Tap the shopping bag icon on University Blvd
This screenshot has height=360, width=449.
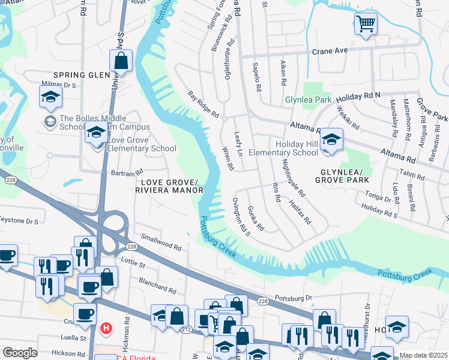click(x=121, y=61)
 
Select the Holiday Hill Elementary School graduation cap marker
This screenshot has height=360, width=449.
click(x=330, y=140)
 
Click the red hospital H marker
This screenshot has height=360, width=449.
click(x=106, y=328)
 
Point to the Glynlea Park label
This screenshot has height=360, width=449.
click(x=308, y=99)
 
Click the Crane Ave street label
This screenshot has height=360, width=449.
click(x=329, y=51)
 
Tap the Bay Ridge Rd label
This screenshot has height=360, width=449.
click(x=203, y=104)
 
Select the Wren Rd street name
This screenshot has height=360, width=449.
click(x=228, y=158)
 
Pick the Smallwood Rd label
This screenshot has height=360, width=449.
click(x=161, y=242)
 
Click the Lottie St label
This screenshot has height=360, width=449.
click(x=133, y=263)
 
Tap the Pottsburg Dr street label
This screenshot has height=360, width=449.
click(x=294, y=298)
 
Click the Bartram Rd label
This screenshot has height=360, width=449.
click(x=125, y=172)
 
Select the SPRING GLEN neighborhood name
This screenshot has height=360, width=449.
click(x=83, y=75)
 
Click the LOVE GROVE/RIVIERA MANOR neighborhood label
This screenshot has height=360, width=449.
click(x=169, y=186)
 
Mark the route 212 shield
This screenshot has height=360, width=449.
click(x=186, y=329)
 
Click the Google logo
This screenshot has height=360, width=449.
click(x=20, y=353)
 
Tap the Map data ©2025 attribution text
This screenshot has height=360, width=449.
click(x=423, y=355)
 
